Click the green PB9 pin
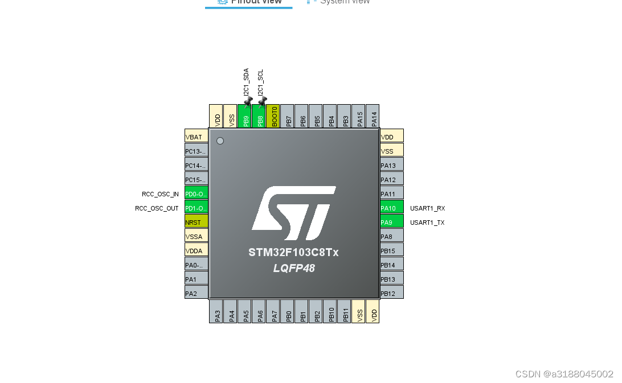point(245,116)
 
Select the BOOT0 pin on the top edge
point(273,116)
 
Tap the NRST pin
point(197,222)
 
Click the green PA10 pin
point(392,208)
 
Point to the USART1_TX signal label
point(427,223)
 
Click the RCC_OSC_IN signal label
point(160,194)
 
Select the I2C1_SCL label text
point(260,83)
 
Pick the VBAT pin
point(197,137)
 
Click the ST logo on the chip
point(293,213)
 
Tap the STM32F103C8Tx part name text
point(293,252)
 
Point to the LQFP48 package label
point(293,268)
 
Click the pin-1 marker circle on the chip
point(220,141)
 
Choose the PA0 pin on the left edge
point(197,265)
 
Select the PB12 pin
point(392,293)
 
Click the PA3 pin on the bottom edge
point(216,312)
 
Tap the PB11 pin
point(345,312)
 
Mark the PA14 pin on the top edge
point(373,116)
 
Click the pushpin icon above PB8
point(262,102)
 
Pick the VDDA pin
point(197,250)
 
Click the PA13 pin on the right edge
point(392,165)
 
